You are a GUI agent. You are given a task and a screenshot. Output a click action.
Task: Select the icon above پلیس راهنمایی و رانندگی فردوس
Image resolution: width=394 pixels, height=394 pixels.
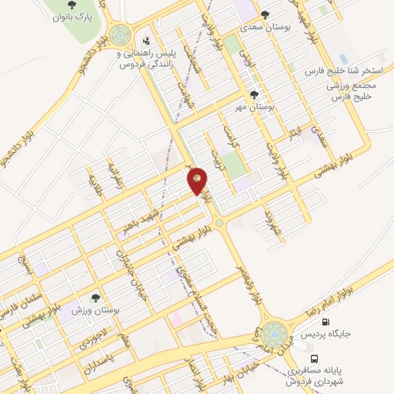point(146,39)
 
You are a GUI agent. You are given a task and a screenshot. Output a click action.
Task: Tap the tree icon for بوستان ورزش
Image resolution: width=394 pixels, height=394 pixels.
point(95,298)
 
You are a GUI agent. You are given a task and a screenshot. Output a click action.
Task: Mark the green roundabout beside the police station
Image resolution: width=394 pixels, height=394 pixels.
point(119,35)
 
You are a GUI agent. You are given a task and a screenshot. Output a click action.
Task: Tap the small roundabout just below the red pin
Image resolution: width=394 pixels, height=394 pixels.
point(219,223)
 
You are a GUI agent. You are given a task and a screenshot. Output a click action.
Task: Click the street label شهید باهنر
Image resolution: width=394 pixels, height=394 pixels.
point(146,216)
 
